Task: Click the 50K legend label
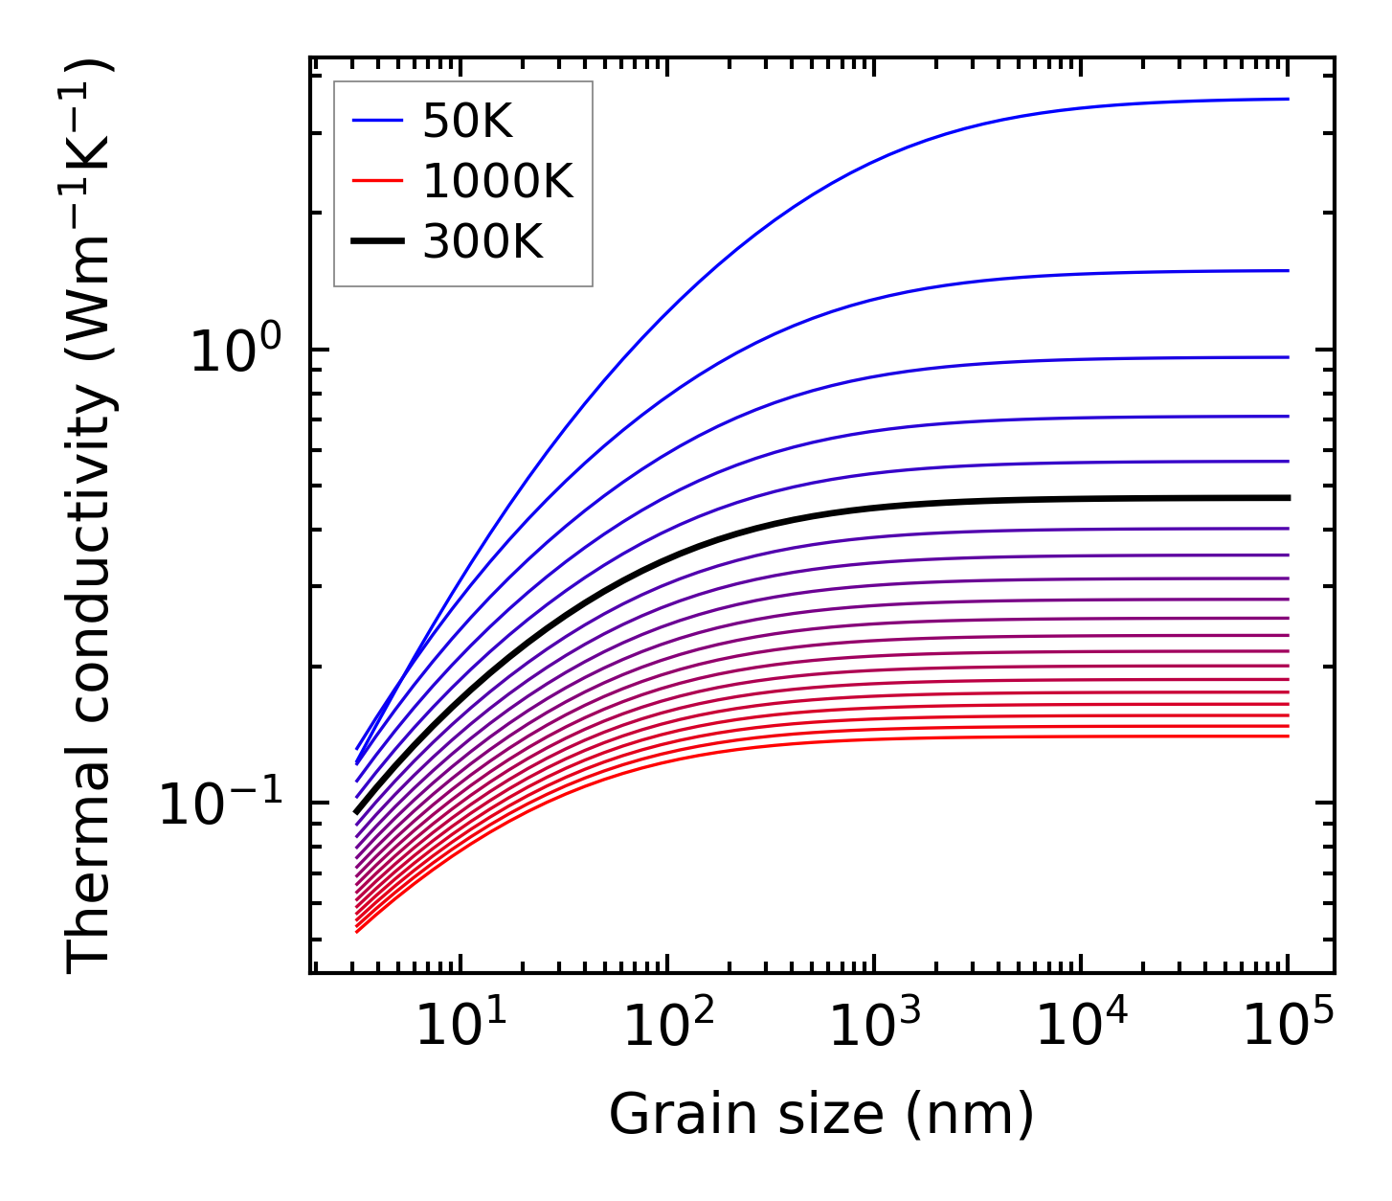(x=467, y=122)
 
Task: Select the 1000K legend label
(x=498, y=181)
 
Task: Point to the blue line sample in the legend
(x=377, y=121)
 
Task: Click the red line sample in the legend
(x=377, y=181)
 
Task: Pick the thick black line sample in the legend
(x=377, y=241)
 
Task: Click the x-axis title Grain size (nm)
(x=821, y=1117)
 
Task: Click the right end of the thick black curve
(x=1289, y=498)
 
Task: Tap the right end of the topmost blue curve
(x=1289, y=99)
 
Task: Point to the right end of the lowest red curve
(x=1289, y=736)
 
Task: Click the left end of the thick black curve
(x=356, y=812)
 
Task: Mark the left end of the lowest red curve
(x=356, y=932)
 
